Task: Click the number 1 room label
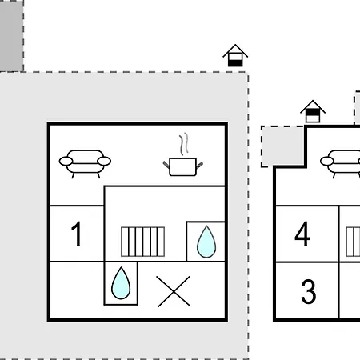coord(76,234)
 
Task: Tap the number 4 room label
coord(302,234)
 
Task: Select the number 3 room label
coord(309,291)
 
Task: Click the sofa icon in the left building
coord(85,163)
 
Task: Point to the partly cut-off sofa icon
coord(340,163)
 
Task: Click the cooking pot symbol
coord(183,166)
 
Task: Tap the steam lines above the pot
coord(184,144)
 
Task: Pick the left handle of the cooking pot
coord(166,166)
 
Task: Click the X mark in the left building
coord(174,291)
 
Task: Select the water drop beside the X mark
coord(121,283)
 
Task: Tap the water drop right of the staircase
coord(206,242)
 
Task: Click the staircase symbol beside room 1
coord(142,242)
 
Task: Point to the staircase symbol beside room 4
coord(353,242)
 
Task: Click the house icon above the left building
coord(235,55)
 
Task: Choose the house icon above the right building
coord(313,111)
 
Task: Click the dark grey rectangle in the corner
coord(11,36)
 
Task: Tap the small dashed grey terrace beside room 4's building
coord(283,146)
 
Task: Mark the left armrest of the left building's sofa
coord(66,161)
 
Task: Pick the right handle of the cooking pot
coord(200,166)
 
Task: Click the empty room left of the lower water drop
coord(77,290)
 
